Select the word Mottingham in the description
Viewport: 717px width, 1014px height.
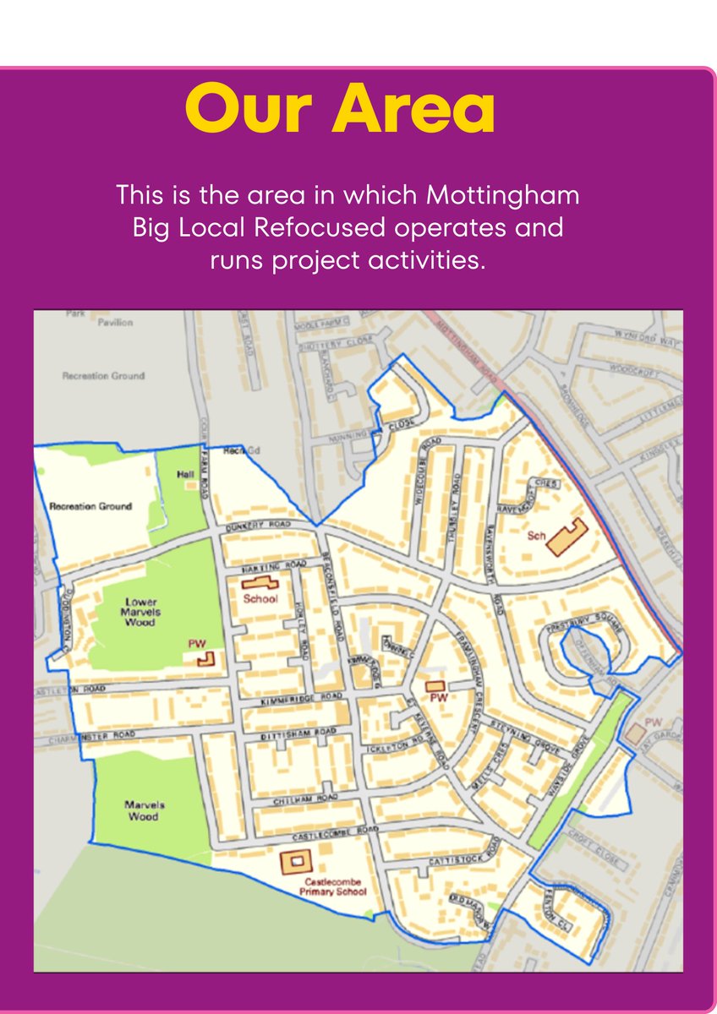[503, 195]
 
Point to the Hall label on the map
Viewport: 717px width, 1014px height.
[186, 476]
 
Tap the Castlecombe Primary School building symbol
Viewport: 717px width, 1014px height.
[296, 861]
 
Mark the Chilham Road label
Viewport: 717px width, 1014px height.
[305, 799]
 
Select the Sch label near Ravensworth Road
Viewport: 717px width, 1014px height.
[535, 536]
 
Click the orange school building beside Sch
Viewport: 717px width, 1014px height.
[566, 538]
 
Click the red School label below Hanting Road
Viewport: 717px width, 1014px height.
[260, 599]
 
